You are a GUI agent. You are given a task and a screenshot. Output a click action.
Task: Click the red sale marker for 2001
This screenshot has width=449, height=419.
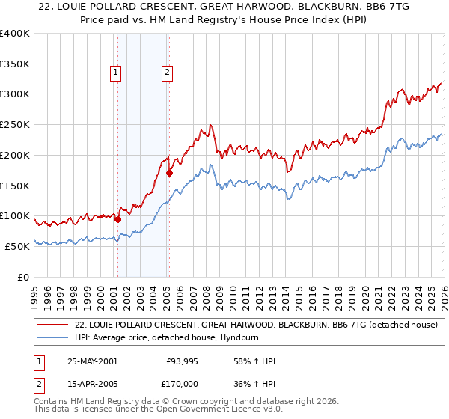[x=117, y=219]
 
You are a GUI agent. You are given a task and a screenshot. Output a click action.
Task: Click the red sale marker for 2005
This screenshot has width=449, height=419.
[x=169, y=173]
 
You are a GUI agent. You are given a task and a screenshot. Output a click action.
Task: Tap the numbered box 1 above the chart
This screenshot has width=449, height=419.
[x=117, y=73]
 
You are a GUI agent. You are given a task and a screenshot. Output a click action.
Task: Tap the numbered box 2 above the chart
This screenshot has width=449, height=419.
[x=166, y=73]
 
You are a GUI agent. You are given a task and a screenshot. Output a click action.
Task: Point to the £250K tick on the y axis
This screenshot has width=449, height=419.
[x=15, y=124]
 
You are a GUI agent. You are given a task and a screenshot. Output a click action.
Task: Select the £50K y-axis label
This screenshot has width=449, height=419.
[x=17, y=246]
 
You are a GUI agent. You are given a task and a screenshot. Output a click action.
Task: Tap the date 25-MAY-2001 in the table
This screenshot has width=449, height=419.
[x=92, y=361]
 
